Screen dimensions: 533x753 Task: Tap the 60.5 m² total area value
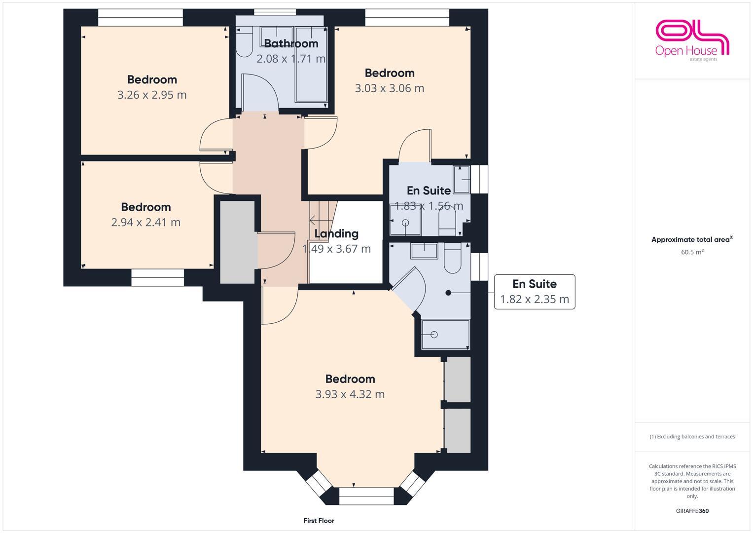[x=692, y=252]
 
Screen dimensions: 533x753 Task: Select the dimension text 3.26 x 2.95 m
[x=152, y=95]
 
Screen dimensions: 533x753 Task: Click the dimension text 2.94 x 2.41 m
[x=146, y=222]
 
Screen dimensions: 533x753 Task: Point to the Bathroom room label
[x=291, y=43]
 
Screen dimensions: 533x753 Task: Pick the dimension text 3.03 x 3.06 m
[x=389, y=88]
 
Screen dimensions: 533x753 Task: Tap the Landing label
[x=336, y=233]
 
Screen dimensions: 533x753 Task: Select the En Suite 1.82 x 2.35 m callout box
[x=535, y=292]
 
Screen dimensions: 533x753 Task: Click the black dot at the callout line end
[x=448, y=293]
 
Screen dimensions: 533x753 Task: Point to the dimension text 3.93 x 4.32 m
[x=350, y=394]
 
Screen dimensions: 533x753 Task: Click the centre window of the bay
[x=366, y=496]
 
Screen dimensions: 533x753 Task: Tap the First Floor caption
[x=319, y=521]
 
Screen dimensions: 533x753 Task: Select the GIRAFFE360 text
[x=692, y=511]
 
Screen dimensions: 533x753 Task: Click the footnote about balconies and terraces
[x=692, y=437]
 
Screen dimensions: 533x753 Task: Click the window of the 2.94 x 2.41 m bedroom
[x=158, y=278]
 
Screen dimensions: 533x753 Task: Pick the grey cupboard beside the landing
[x=238, y=242]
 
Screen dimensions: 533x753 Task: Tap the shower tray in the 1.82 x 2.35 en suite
[x=445, y=335]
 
